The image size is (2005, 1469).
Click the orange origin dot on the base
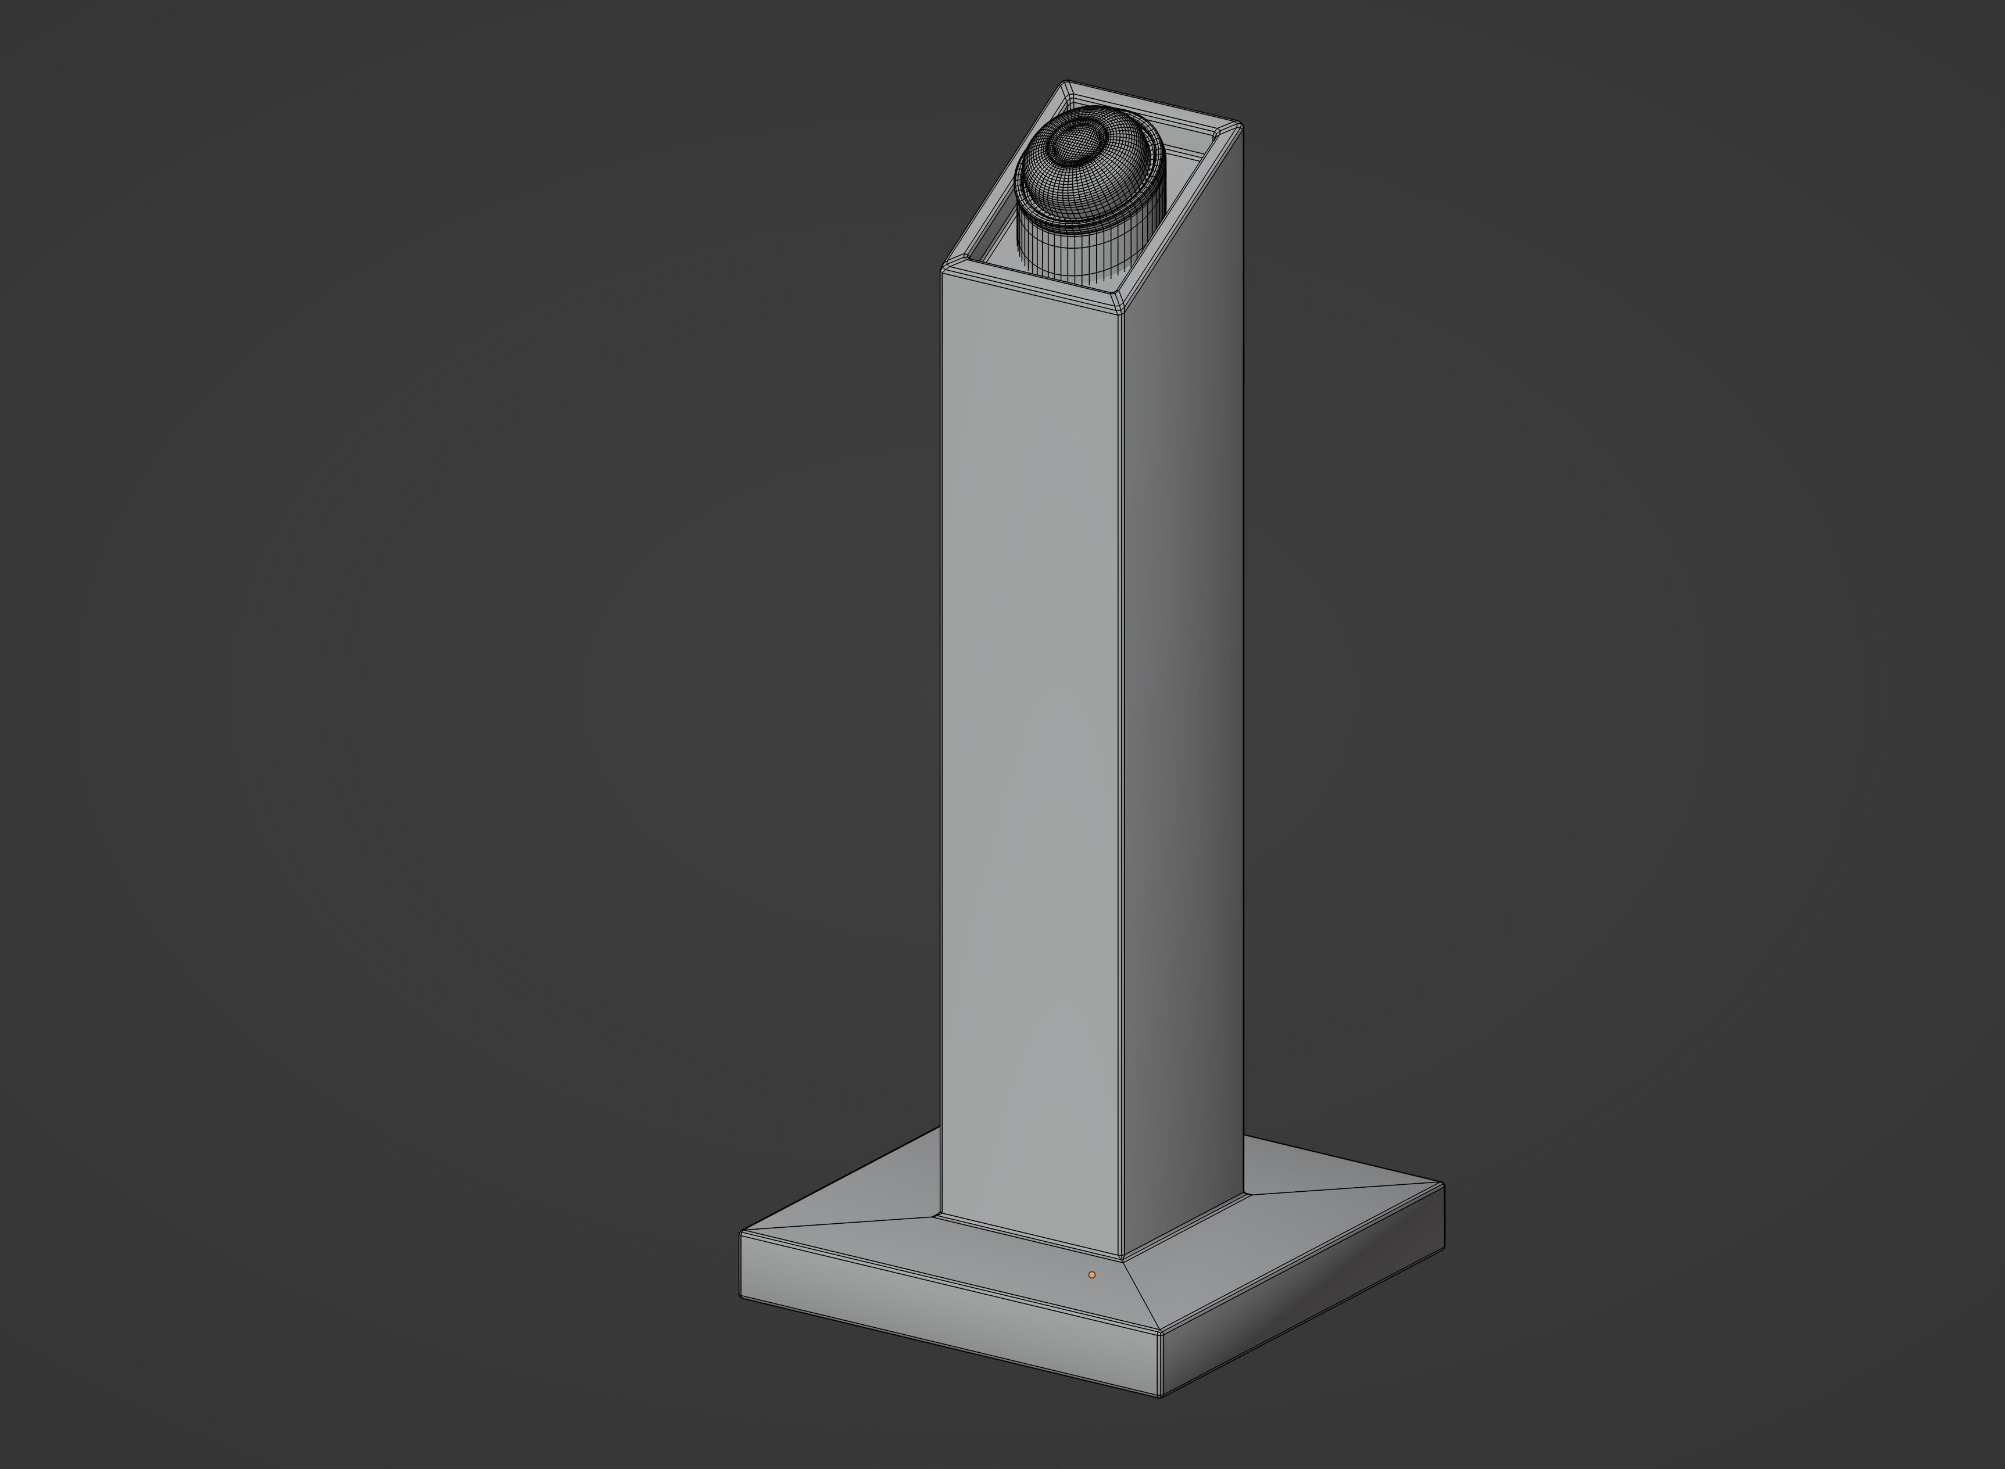pyautogui.click(x=1092, y=1274)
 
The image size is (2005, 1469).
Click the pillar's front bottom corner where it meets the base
pyautogui.click(x=1122, y=1257)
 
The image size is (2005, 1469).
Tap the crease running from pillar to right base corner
pyautogui.click(x=1342, y=1189)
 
